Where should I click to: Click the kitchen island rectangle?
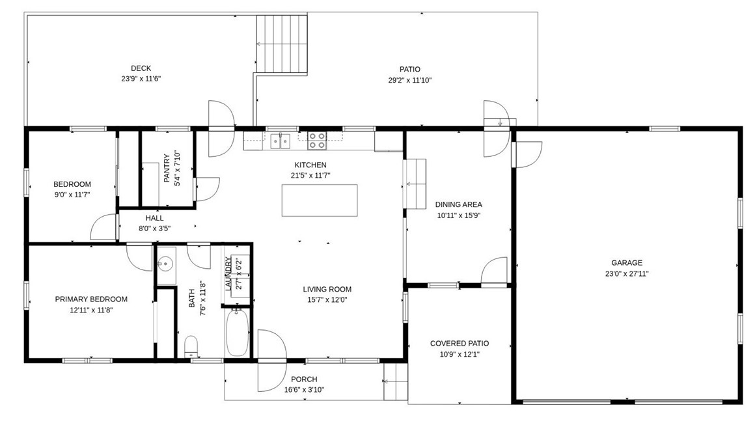(x=320, y=200)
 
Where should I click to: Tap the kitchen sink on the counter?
(x=281, y=140)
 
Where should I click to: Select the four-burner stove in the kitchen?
(x=317, y=141)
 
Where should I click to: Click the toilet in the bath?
(x=191, y=344)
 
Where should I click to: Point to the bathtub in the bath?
(x=237, y=332)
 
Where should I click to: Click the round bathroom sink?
(x=165, y=264)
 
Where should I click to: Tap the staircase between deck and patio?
(x=281, y=44)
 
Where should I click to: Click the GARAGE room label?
(x=626, y=263)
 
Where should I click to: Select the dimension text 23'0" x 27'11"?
(x=626, y=274)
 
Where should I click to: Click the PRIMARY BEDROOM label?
(x=91, y=299)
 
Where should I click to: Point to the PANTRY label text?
(x=167, y=169)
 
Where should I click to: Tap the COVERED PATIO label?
(x=459, y=344)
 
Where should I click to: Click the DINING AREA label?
(x=458, y=204)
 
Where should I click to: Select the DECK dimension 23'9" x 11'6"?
(x=141, y=79)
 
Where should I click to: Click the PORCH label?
(x=304, y=379)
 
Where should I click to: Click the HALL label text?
(x=155, y=218)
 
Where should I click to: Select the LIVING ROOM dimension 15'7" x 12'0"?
(x=327, y=300)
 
